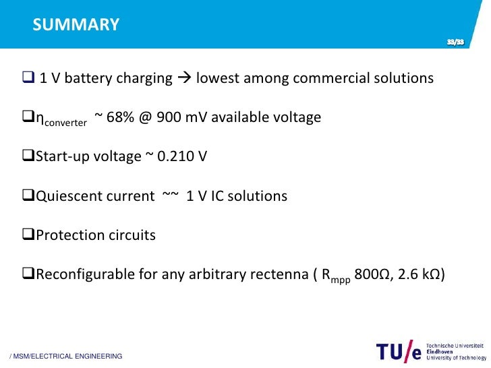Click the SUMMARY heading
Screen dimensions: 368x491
pyautogui.click(x=76, y=25)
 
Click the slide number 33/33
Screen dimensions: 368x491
pyautogui.click(x=455, y=43)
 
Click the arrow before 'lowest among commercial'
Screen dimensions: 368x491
pyautogui.click(x=184, y=79)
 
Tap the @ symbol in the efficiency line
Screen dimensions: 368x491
pyautogui.click(x=146, y=117)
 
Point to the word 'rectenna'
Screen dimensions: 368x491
pyautogui.click(x=279, y=274)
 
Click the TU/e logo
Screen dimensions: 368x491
pyautogui.click(x=400, y=352)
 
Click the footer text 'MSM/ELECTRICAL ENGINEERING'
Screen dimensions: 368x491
pyautogui.click(x=65, y=356)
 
